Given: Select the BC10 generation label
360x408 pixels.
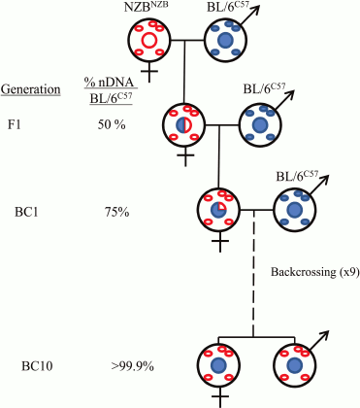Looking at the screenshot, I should point(40,366).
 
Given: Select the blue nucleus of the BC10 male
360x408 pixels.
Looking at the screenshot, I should point(294,365).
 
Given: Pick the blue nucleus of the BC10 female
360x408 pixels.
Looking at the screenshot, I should point(219,365).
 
